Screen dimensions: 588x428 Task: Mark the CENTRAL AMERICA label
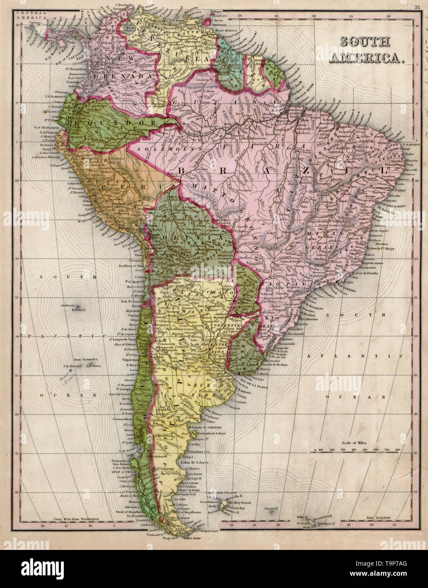click(x=30, y=16)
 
